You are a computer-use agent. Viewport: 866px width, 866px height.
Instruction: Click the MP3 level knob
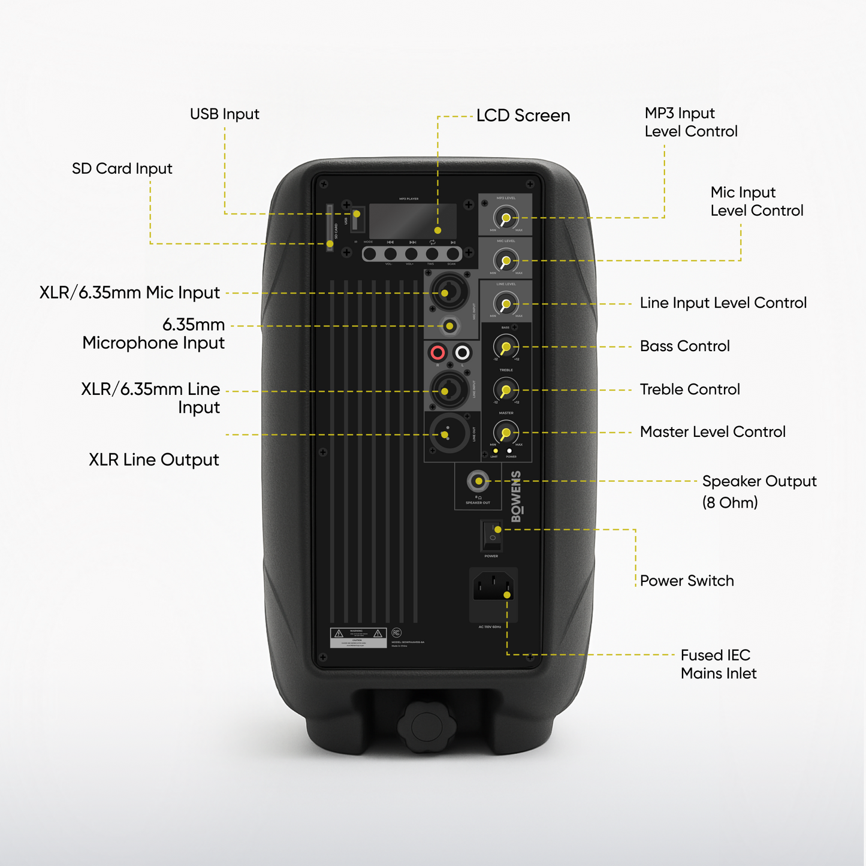506,218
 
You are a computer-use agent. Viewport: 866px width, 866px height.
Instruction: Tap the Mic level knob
506,261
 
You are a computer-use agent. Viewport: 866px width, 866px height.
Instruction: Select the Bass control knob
506,347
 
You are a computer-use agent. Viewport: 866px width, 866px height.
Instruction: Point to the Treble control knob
506,390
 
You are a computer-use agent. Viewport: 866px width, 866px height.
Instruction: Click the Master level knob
506,433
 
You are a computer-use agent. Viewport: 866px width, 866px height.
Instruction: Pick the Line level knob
506,304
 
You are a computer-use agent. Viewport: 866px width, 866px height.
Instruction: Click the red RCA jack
437,352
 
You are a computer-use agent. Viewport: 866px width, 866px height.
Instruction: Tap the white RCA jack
462,352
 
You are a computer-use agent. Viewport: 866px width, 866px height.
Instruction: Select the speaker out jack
478,481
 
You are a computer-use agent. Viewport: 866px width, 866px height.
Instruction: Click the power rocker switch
492,535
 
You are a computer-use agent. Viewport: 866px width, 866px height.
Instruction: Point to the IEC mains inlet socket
493,586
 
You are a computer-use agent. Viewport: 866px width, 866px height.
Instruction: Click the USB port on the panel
357,220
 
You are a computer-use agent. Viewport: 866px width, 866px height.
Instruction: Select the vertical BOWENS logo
516,497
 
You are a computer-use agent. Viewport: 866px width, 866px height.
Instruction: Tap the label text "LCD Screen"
523,116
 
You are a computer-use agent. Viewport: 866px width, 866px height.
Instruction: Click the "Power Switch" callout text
687,581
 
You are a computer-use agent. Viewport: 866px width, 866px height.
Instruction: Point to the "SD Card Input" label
122,168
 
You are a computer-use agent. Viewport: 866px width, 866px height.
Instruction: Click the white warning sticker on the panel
358,638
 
